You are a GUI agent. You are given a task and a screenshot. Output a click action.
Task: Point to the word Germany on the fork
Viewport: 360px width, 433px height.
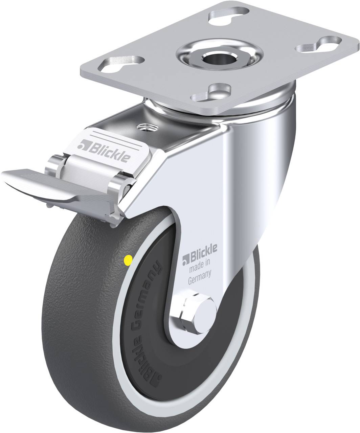point(200,272)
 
